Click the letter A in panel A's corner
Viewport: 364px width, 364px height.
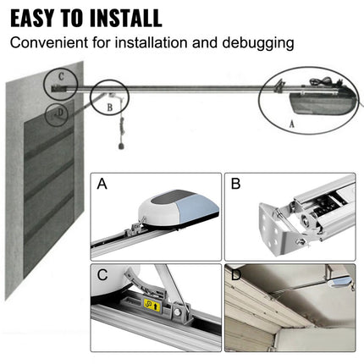click(103, 185)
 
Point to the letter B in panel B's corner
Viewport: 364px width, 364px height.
click(236, 185)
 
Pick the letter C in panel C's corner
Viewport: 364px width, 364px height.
click(103, 275)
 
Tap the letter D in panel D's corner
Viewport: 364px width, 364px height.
click(236, 275)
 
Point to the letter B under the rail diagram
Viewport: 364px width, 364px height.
click(109, 108)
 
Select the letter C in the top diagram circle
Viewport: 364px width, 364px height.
click(59, 75)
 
